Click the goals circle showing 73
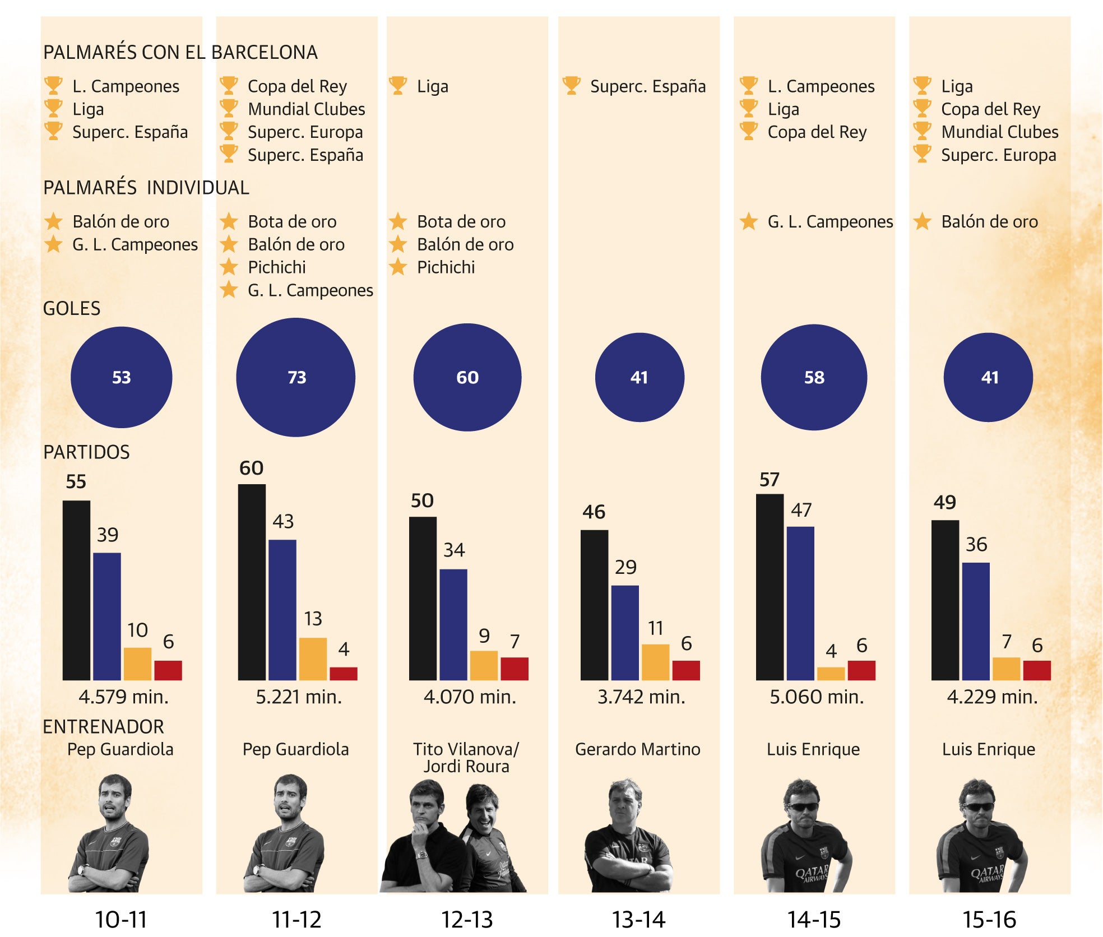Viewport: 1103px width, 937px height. (x=296, y=377)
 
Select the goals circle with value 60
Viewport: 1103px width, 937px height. (x=467, y=377)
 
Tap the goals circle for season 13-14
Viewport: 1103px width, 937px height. (x=639, y=377)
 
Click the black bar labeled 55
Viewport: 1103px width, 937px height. (x=76, y=590)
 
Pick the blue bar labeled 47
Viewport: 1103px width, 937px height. (x=800, y=603)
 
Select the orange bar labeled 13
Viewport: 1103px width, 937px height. (x=313, y=658)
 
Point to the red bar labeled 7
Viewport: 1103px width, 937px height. (x=515, y=669)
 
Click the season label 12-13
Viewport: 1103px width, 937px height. (x=467, y=920)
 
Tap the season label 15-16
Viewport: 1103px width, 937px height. (x=989, y=920)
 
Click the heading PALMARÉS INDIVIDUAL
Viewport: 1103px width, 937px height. (x=146, y=188)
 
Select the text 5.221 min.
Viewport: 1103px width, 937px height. (x=299, y=697)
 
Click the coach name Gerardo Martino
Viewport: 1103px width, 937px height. (x=638, y=749)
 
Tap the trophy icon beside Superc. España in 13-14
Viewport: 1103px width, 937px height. (x=571, y=85)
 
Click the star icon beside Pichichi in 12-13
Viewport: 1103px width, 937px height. (x=398, y=267)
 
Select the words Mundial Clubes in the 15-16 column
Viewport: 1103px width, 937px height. (x=1000, y=132)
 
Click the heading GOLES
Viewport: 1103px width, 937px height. (x=72, y=309)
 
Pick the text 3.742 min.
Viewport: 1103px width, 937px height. (x=641, y=697)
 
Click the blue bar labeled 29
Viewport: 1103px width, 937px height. (x=625, y=633)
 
